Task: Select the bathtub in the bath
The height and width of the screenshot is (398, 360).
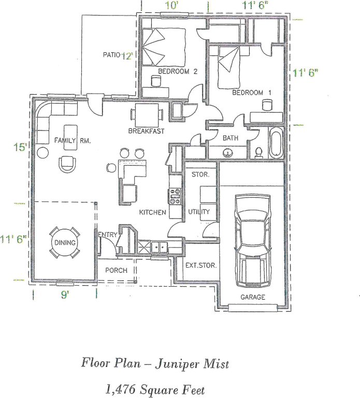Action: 275,143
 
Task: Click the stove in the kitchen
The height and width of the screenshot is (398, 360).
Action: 175,195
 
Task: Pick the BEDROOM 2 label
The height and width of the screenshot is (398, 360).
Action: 178,72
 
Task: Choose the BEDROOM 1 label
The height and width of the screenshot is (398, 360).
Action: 251,93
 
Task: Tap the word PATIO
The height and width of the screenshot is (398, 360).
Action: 111,55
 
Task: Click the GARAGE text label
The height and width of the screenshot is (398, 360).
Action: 252,297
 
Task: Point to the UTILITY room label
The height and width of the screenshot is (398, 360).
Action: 199,212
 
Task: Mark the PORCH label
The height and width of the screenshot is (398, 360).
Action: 116,270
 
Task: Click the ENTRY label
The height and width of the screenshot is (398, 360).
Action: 107,235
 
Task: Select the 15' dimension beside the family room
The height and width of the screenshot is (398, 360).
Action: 20,148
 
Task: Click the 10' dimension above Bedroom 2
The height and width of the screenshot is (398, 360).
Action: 172,6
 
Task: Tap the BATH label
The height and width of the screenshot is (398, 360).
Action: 230,138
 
